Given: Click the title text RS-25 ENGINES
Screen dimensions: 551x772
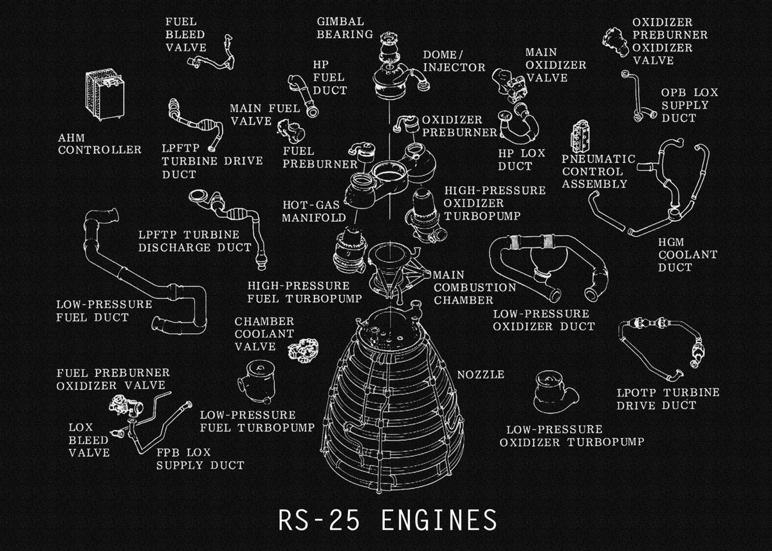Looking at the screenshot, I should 388,520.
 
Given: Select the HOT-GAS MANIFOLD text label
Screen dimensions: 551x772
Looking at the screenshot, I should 314,210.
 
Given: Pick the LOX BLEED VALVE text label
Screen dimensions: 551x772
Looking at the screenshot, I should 89,439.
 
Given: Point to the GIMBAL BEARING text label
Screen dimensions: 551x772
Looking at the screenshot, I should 345,28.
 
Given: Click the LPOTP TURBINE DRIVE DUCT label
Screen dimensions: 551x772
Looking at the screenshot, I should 668,399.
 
